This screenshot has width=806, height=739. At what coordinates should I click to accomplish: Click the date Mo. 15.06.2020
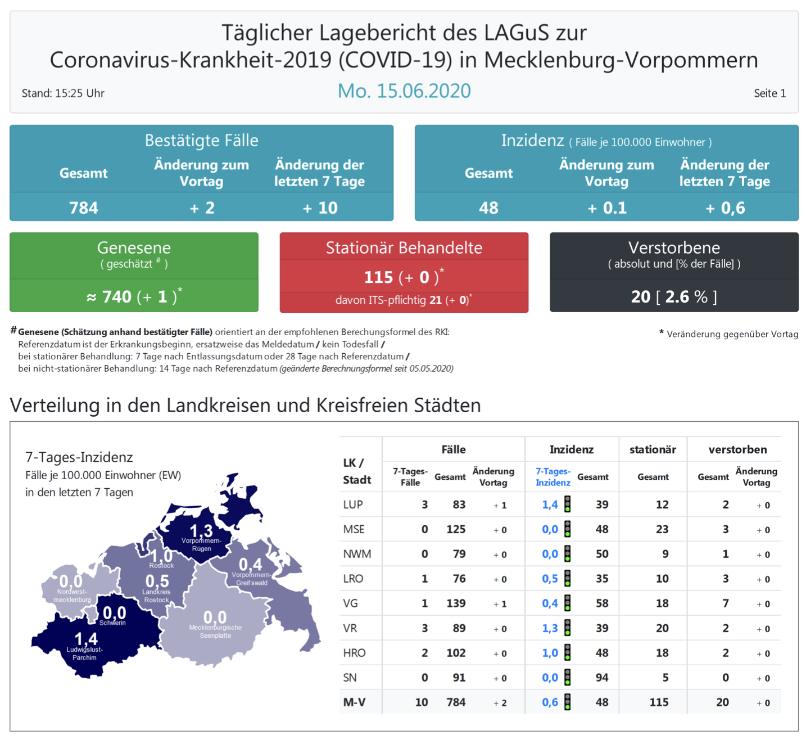[404, 91]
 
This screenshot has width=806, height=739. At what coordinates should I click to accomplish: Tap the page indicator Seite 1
[769, 93]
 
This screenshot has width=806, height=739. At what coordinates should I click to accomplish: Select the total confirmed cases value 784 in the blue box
[84, 208]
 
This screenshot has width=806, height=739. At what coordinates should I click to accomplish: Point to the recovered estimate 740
[116, 296]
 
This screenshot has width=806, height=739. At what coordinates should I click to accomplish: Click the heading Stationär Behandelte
[404, 247]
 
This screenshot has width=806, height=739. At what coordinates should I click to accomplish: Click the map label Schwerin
[112, 623]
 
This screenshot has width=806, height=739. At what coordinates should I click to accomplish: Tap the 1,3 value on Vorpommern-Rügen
[201, 530]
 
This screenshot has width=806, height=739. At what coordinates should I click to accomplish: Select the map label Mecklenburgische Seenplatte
[215, 632]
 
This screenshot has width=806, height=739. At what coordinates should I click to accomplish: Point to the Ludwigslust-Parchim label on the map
[85, 654]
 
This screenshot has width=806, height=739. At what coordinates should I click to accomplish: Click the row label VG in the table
[350, 603]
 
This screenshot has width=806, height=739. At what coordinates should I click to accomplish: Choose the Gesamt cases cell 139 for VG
[455, 603]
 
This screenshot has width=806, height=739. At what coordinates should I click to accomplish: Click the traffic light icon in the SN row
[568, 678]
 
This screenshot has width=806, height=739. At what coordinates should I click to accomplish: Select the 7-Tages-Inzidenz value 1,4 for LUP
[550, 504]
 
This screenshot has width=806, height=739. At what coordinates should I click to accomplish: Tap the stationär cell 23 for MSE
[662, 529]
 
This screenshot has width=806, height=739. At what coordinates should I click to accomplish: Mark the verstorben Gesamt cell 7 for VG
[725, 603]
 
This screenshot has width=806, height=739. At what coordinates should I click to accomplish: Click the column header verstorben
[737, 449]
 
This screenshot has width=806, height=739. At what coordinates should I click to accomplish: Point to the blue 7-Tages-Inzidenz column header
[553, 477]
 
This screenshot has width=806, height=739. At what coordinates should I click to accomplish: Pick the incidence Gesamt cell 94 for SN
[601, 678]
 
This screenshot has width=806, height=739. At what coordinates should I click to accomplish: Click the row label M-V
[354, 702]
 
